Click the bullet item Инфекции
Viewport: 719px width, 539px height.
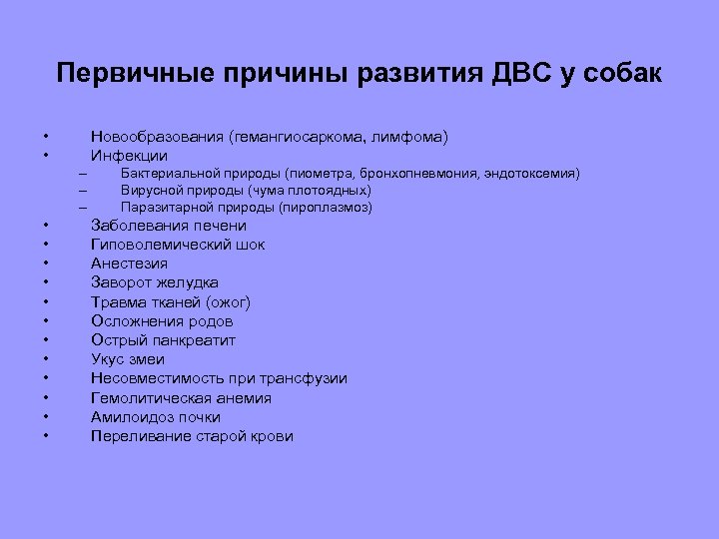tap(129, 156)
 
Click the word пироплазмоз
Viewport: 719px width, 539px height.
tap(327, 208)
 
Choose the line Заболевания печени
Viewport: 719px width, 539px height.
tap(168, 226)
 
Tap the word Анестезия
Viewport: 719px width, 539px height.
tap(129, 264)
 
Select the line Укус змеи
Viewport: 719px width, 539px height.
tap(128, 359)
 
